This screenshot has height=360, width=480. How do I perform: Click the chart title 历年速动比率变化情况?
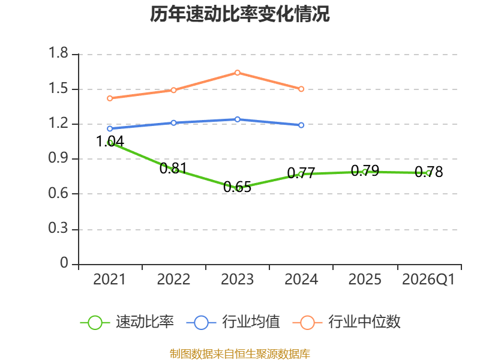[240, 14]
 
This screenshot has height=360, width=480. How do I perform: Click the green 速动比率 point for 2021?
[110, 143]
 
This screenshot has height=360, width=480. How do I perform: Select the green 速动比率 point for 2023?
[238, 188]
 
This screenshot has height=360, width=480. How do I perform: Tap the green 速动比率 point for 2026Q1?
[428, 173]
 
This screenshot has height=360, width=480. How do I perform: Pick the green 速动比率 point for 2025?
[365, 172]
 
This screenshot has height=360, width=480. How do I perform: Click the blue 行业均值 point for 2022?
[173, 123]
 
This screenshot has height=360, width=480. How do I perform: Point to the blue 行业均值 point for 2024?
[301, 125]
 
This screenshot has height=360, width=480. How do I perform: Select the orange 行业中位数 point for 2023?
[238, 73]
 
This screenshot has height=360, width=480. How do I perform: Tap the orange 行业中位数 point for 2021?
[110, 98]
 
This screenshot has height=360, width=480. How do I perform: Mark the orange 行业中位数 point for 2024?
[301, 89]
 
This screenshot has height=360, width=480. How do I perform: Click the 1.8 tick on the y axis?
[59, 54]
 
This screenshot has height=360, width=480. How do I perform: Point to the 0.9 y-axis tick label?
[59, 159]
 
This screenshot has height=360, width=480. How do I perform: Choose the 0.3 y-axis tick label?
[59, 229]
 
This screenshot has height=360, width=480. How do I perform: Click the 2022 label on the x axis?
[173, 280]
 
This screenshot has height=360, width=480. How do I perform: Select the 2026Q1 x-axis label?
[428, 280]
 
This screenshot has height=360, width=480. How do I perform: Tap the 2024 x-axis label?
[301, 280]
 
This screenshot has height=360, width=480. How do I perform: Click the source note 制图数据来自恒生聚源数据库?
[240, 353]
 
